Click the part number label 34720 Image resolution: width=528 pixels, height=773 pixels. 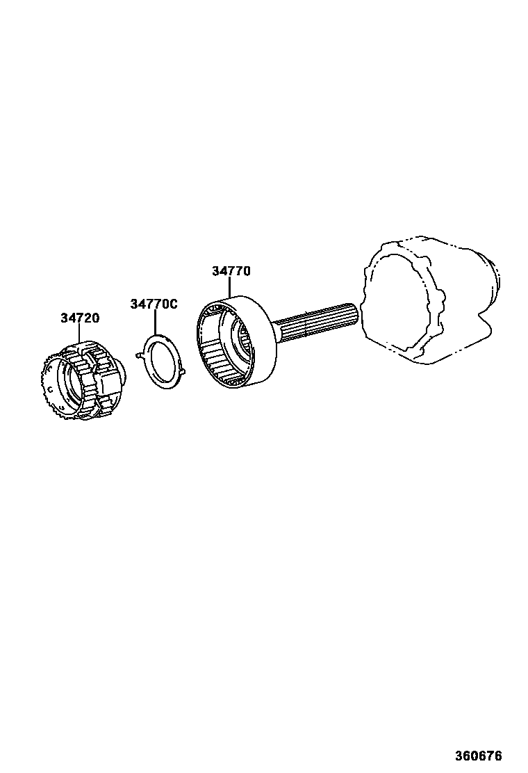click(x=79, y=318)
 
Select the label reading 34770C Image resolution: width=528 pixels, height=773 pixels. click(x=154, y=304)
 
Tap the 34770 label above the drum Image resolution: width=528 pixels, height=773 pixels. click(x=231, y=271)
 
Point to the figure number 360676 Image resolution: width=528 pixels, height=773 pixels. click(x=478, y=756)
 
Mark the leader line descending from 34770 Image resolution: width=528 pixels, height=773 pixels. click(x=230, y=288)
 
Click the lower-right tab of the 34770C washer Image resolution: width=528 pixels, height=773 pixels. click(x=182, y=377)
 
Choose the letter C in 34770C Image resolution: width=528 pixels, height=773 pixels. click(x=174, y=304)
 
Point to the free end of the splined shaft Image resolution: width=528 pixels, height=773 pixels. click(x=352, y=316)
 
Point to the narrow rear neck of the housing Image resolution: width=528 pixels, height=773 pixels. click(x=495, y=282)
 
